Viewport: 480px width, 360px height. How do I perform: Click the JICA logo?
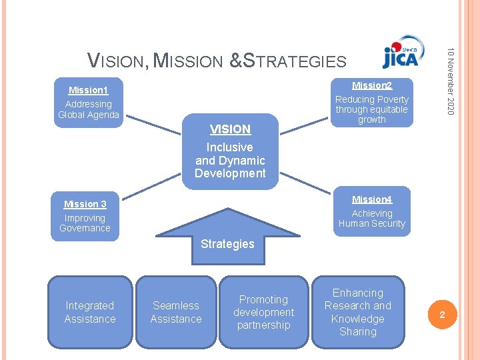pos(400,57)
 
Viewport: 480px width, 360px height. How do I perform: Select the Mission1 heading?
pos(88,90)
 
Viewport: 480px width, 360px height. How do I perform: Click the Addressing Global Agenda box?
pos(89,109)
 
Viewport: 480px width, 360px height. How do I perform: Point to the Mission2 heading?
pos(371,85)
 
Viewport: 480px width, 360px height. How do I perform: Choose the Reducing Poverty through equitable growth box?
pos(371,109)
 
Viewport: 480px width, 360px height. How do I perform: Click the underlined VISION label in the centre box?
pos(230,129)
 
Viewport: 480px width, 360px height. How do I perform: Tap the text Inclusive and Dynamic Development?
pos(230,160)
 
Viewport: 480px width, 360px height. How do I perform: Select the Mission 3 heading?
pos(85,204)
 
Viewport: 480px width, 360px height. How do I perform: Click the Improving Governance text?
pos(85,223)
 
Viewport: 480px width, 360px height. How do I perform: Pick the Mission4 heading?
pos(371,199)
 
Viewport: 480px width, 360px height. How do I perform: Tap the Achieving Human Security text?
pos(371,219)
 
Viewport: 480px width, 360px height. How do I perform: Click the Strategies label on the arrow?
pos(227,244)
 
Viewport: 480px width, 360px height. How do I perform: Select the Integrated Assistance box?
pos(90,312)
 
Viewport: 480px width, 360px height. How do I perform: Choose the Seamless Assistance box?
pos(176,312)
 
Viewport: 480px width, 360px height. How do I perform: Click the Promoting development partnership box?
pos(263,312)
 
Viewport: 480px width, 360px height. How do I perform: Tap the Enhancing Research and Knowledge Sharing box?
pos(358,312)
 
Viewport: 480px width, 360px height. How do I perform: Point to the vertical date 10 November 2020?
pos(451,80)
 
